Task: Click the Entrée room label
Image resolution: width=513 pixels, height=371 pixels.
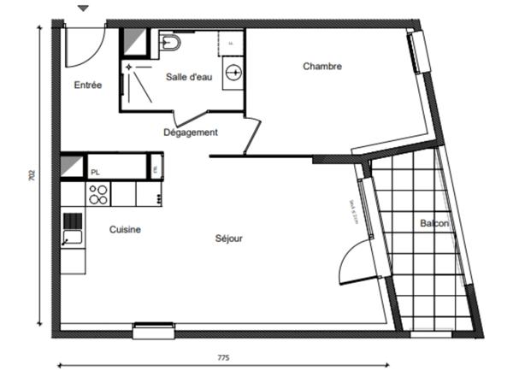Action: tap(88, 85)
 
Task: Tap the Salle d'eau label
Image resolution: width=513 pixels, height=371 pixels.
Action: tap(189, 77)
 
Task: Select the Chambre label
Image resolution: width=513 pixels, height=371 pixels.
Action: tap(322, 66)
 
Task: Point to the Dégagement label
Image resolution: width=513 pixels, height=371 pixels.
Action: tap(191, 132)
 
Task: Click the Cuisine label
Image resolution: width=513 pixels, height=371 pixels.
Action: tap(125, 229)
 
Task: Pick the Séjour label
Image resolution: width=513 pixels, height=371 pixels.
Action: tap(228, 238)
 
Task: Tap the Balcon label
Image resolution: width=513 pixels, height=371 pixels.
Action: tap(433, 223)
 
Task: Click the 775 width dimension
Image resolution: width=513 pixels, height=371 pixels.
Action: tap(223, 356)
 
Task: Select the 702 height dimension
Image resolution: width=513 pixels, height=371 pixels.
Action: tap(32, 175)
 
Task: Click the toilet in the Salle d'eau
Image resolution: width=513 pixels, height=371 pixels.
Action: tap(170, 42)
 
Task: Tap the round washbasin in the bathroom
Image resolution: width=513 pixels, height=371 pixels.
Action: tap(233, 74)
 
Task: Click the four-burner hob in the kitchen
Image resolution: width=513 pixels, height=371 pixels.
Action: tap(97, 195)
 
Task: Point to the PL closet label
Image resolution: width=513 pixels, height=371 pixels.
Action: tap(95, 172)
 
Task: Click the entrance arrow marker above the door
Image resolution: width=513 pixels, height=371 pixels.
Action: tap(83, 9)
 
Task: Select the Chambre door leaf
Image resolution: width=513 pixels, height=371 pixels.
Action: tap(252, 136)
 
